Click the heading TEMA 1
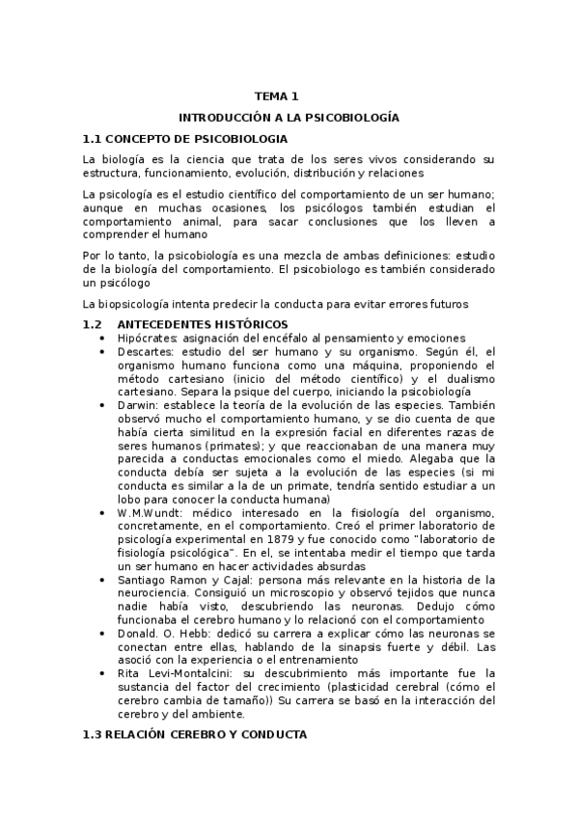point(277,95)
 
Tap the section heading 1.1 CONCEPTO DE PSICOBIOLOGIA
point(170,138)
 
